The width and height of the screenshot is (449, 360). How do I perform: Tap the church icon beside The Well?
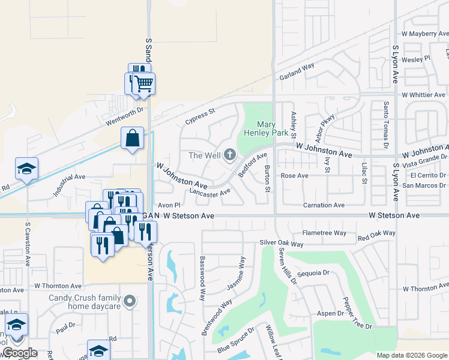(x=229, y=155)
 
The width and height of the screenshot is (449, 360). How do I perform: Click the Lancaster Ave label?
(x=209, y=193)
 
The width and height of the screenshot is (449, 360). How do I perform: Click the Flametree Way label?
(x=325, y=233)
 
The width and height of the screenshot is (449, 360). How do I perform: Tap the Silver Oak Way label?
(x=282, y=244)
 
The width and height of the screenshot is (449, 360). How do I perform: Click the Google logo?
(x=20, y=353)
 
